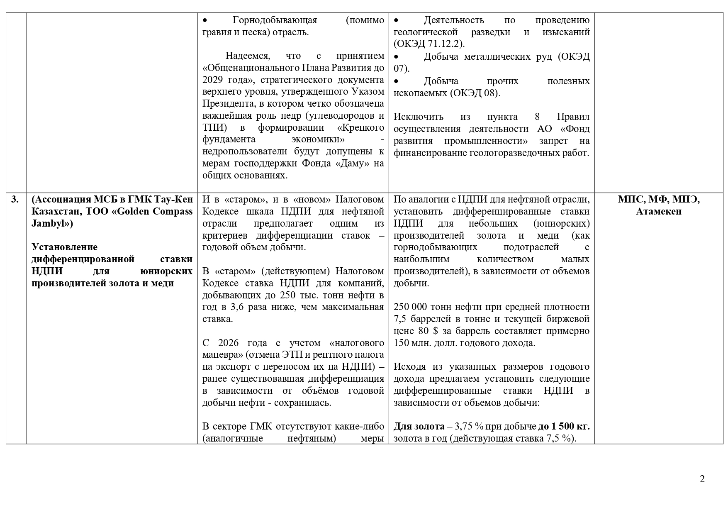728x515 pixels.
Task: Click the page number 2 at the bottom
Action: [x=702, y=479]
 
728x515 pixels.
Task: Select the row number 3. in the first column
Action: [x=15, y=200]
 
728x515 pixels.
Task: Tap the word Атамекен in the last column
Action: [x=659, y=212]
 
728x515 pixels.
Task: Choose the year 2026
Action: [x=229, y=343]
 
